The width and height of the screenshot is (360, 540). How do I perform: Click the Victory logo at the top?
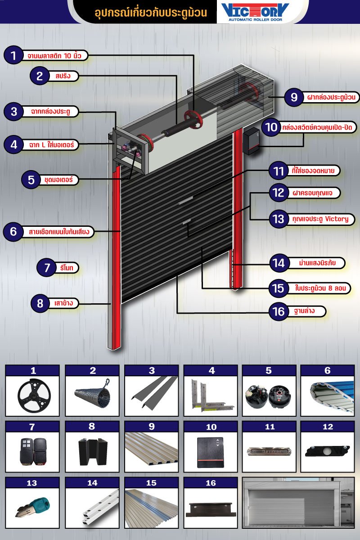pyautogui.click(x=255, y=12)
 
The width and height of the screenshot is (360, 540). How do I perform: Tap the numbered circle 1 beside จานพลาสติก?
pyautogui.click(x=13, y=55)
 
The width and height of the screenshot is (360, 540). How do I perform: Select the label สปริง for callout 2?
pyautogui.click(x=63, y=76)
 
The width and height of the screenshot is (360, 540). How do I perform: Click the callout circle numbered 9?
pyautogui.click(x=294, y=97)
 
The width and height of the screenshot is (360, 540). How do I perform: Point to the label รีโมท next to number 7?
pyautogui.click(x=67, y=268)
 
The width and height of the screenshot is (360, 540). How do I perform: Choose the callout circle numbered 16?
pyautogui.click(x=279, y=311)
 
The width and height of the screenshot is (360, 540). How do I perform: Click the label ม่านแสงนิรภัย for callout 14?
pyautogui.click(x=317, y=262)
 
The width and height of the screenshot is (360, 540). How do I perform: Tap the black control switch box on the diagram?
pyautogui.click(x=252, y=142)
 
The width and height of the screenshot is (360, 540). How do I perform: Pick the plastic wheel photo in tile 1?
pyautogui.click(x=34, y=396)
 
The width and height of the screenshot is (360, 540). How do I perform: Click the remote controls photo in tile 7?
pyautogui.click(x=33, y=451)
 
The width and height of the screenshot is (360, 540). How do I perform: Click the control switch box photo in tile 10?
pyautogui.click(x=210, y=453)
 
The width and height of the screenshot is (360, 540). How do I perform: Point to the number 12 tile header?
pyautogui.click(x=328, y=427)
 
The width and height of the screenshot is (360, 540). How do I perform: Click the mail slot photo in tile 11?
pyautogui.click(x=269, y=451)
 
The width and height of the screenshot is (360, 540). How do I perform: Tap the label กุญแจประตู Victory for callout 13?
pyautogui.click(x=320, y=219)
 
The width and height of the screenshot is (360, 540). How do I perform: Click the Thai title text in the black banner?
pyautogui.click(x=151, y=13)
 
